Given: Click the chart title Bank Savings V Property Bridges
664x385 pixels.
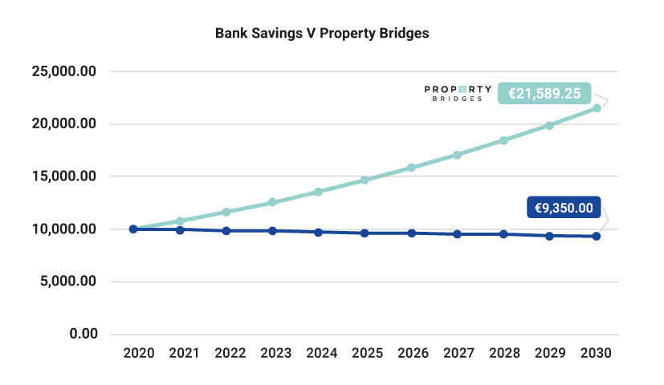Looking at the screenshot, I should point(323,34).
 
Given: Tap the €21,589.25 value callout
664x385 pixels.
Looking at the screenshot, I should point(544,93).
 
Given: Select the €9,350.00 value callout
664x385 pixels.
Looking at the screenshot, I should point(564,209).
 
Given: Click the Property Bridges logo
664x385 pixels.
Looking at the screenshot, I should point(458,93).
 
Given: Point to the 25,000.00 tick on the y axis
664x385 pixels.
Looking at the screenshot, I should point(64,71).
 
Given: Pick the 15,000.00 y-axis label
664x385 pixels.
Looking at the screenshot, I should point(64,176).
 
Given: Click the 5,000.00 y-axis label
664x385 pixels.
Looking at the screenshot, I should point(67,282).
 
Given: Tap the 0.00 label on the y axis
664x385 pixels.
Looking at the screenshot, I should point(81,334).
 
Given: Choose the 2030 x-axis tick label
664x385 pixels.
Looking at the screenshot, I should point(596,353).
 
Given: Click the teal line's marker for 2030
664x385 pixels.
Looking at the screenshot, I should point(597,107).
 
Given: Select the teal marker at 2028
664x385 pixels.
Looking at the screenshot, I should point(503,140).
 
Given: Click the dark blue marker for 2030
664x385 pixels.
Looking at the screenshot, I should point(597,236).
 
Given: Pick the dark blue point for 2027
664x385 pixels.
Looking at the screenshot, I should point(458,234).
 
